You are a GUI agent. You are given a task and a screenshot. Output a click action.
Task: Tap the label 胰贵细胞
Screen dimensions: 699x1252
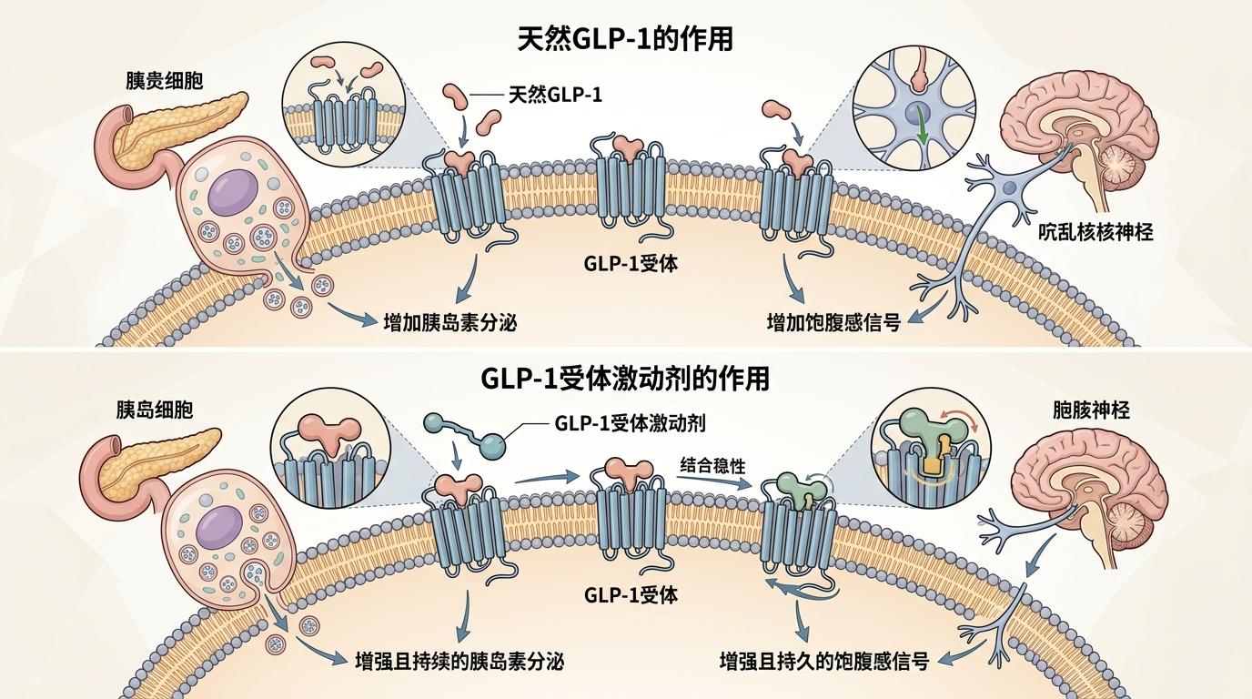pyautogui.click(x=164, y=80)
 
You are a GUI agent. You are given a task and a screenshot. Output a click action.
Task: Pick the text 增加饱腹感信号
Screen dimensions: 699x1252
pyautogui.click(x=833, y=321)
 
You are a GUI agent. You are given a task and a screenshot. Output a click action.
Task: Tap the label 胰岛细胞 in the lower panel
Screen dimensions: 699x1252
pyautogui.click(x=155, y=410)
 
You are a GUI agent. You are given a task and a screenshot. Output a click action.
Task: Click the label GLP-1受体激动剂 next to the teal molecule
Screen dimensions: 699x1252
pyautogui.click(x=629, y=423)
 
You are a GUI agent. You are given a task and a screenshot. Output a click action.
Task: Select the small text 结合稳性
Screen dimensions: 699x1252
pyautogui.click(x=712, y=465)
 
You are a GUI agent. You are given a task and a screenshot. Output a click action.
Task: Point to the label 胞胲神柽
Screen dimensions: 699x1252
pyautogui.click(x=1089, y=410)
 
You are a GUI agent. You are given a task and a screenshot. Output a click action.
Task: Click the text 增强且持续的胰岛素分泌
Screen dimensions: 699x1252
pyautogui.click(x=459, y=661)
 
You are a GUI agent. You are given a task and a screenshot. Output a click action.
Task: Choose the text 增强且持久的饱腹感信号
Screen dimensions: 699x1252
pyautogui.click(x=823, y=661)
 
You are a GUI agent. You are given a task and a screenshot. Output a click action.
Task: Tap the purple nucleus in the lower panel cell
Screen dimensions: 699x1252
pyautogui.click(x=221, y=529)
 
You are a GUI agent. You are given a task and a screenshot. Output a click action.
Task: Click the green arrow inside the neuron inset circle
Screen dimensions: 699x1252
pyautogui.click(x=920, y=126)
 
